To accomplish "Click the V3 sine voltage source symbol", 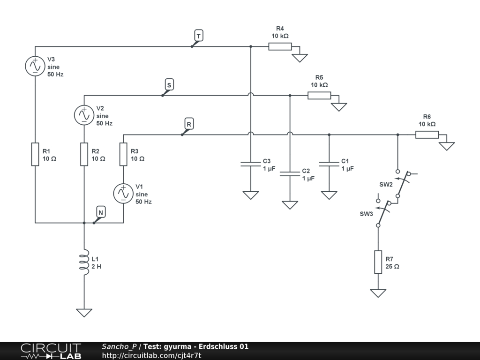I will pyautogui.click(x=35, y=66).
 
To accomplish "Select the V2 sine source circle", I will pyautogui.click(x=84, y=114).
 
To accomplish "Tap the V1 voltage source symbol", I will pyautogui.click(x=123, y=193).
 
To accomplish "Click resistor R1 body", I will pyautogui.click(x=35, y=155).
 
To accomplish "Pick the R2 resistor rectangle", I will pyautogui.click(x=84, y=155).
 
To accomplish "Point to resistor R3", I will pyautogui.click(x=123, y=155).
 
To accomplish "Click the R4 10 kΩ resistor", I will pyautogui.click(x=280, y=46).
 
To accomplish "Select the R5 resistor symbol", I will pyautogui.click(x=319, y=95).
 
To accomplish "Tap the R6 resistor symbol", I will pyautogui.click(x=427, y=135).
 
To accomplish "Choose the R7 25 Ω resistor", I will pyautogui.click(x=378, y=262).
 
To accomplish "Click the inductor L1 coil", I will pyautogui.click(x=84, y=262).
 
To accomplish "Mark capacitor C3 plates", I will pyautogui.click(x=251, y=164).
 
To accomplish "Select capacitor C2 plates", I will pyautogui.click(x=290, y=173).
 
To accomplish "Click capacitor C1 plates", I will pyautogui.click(x=329, y=164).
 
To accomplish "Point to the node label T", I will pyautogui.click(x=198, y=36).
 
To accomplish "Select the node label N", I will pyautogui.click(x=100, y=212).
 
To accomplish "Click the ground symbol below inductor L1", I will pyautogui.click(x=84, y=312).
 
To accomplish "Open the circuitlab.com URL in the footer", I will pyautogui.click(x=151, y=355).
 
